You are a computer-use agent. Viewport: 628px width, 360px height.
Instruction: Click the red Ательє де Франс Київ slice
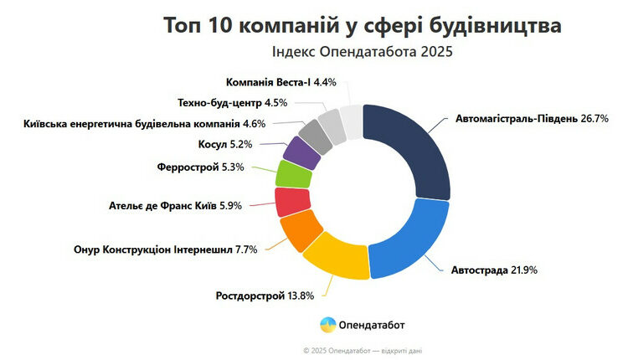click(x=292, y=202)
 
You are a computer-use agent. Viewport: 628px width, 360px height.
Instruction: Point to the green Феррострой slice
click(x=294, y=175)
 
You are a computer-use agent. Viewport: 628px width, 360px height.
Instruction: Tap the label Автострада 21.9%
click(x=494, y=270)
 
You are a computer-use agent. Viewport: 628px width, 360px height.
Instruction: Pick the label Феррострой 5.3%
click(x=200, y=167)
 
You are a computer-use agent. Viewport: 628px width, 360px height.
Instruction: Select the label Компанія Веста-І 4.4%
click(x=281, y=82)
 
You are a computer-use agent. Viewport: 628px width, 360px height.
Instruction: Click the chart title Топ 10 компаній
click(x=362, y=26)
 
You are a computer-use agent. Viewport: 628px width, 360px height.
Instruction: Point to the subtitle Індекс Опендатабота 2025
click(x=362, y=53)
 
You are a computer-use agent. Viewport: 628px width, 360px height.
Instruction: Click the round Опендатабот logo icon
click(x=327, y=324)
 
